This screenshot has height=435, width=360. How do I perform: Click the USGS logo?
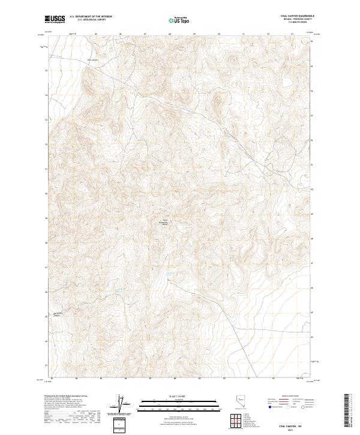(x=55, y=20)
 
